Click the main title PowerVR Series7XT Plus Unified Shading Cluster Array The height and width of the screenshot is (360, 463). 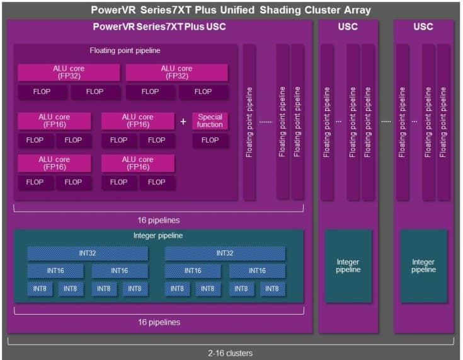[231, 10]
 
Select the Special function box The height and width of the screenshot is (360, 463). [210, 120]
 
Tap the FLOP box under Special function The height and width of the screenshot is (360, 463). [210, 140]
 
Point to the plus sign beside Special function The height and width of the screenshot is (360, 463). [183, 121]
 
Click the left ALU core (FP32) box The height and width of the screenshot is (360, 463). [69, 73]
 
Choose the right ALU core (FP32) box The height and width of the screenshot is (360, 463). [176, 73]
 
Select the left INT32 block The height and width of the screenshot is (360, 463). [88, 253]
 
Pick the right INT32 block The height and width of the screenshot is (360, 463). [225, 253]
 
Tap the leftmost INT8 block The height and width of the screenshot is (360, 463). [40, 289]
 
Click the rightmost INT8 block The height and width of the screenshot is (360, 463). [272, 289]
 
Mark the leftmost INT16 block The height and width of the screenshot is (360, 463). [55, 270]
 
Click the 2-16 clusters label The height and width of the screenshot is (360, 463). [231, 353]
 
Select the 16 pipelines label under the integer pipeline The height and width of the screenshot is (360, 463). [159, 322]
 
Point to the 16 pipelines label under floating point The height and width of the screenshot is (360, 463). [159, 220]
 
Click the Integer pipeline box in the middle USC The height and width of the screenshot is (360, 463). [348, 266]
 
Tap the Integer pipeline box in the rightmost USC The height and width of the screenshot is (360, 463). [423, 266]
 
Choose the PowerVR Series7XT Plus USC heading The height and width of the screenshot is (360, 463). [159, 27]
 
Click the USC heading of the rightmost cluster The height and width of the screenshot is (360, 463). [423, 27]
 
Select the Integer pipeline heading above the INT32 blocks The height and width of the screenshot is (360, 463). [159, 236]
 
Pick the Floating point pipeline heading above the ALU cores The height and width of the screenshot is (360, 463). [125, 50]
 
